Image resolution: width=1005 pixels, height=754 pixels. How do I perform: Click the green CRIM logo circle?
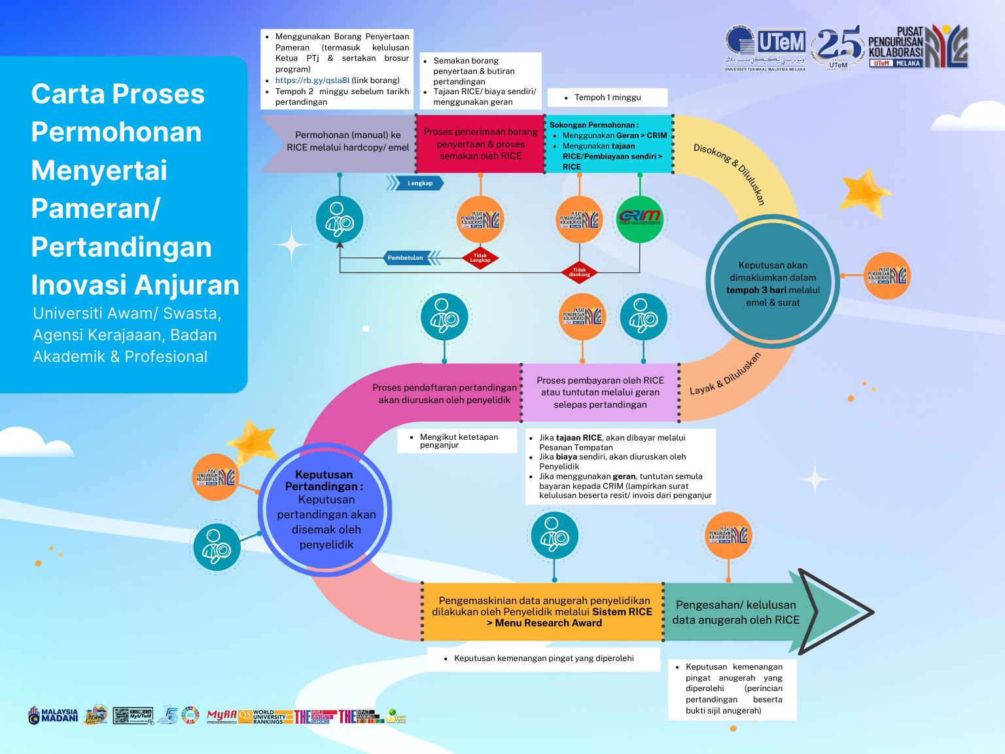tap(639, 219)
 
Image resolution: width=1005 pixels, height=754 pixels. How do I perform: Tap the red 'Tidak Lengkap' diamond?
tap(480, 258)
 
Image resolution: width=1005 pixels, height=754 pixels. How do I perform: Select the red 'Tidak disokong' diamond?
tap(579, 272)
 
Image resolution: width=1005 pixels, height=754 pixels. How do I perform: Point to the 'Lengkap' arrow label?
tap(417, 183)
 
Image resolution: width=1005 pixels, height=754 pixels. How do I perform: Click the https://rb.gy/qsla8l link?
tap(312, 81)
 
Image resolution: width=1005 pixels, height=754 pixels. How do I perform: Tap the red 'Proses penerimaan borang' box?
tap(480, 144)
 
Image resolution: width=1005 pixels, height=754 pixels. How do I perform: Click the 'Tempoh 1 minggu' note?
tap(607, 98)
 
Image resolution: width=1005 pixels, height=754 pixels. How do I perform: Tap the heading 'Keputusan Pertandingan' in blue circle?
tap(324, 480)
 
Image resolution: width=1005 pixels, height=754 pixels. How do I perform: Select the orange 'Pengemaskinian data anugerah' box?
tap(542, 611)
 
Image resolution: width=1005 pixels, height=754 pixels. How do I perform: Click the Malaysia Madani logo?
tap(53, 715)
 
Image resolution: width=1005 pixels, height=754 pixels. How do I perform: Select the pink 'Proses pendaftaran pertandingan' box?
tap(444, 393)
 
